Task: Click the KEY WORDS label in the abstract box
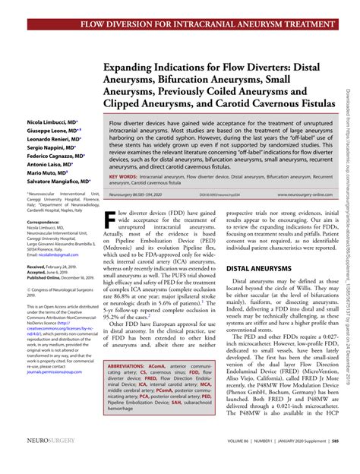124,175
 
